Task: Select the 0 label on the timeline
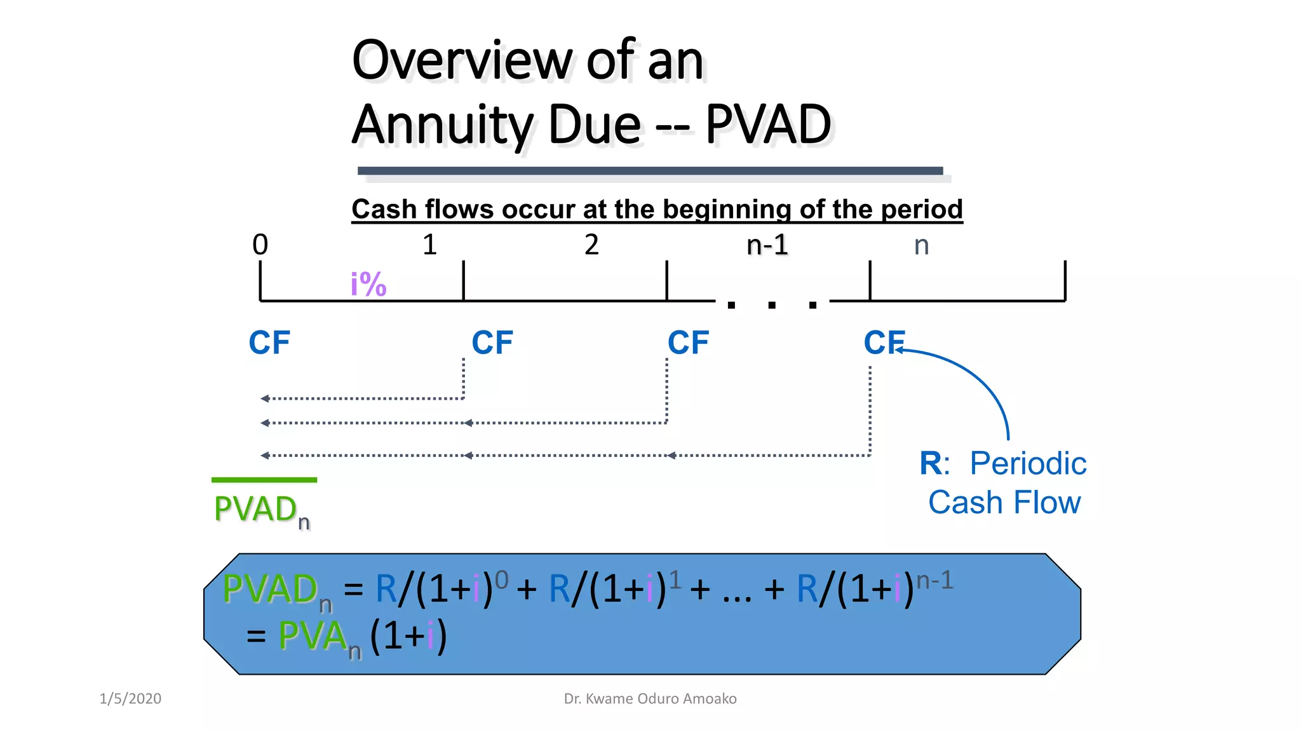[x=260, y=245]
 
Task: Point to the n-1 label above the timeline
[x=767, y=245]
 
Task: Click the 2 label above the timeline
[x=591, y=245]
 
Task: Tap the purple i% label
[x=368, y=283]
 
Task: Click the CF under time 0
[x=269, y=343]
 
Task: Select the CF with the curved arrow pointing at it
[x=883, y=343]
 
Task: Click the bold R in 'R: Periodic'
[x=931, y=463]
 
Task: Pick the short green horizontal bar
[x=264, y=480]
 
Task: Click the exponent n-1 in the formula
[x=934, y=580]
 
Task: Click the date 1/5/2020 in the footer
[x=130, y=699]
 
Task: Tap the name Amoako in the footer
[x=711, y=699]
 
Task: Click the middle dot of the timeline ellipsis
[x=772, y=306]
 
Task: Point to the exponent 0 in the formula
[x=501, y=579]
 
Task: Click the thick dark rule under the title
[x=650, y=170]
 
